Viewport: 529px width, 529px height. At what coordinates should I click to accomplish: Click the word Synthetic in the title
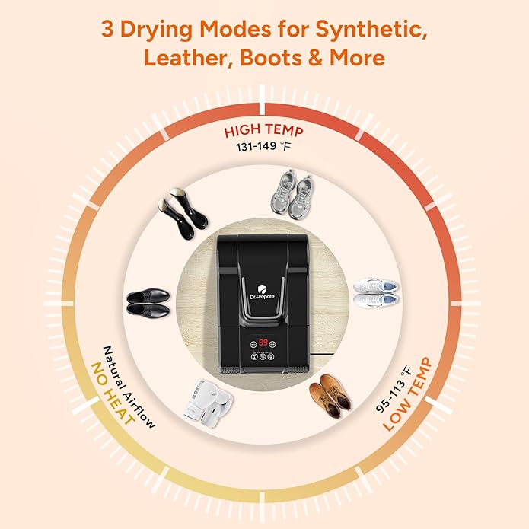click(x=371, y=30)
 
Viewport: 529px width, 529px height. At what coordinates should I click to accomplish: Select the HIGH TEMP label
click(x=264, y=131)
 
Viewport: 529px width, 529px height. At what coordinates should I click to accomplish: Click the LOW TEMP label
click(x=407, y=394)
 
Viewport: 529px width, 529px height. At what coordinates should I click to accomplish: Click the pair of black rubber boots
click(x=183, y=213)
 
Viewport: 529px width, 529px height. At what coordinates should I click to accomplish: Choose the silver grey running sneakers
click(x=292, y=194)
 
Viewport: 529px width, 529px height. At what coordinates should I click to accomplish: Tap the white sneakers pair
click(x=376, y=292)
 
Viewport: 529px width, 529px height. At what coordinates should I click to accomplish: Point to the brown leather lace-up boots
click(x=330, y=395)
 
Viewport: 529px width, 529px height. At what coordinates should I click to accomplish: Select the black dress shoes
click(x=148, y=302)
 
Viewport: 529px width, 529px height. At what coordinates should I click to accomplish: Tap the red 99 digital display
click(x=263, y=343)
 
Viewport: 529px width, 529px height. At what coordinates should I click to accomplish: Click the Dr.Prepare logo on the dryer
click(x=262, y=293)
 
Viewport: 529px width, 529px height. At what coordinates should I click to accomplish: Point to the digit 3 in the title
click(x=107, y=30)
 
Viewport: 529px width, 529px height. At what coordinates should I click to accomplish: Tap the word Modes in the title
click(x=235, y=29)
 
